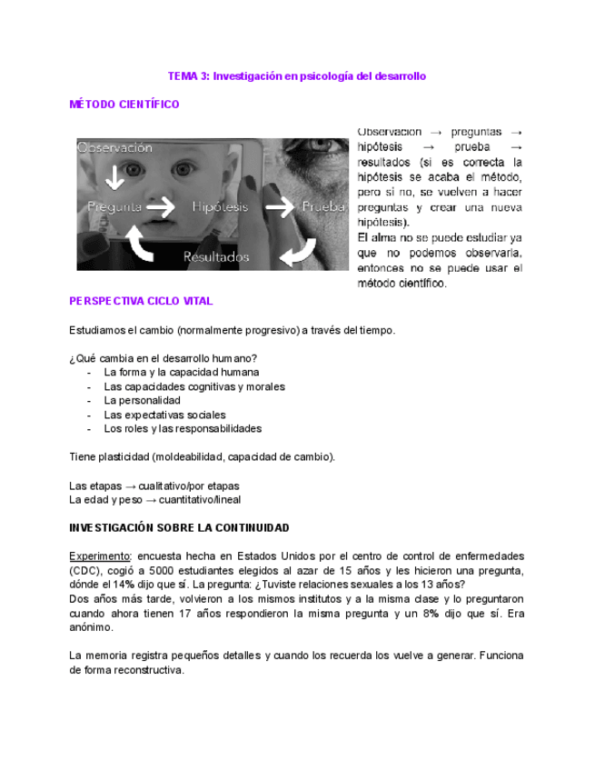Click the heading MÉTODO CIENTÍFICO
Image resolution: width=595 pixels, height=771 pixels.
tap(124, 105)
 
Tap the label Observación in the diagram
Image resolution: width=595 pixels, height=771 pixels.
tap(115, 146)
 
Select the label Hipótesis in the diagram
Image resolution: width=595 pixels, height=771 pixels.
tap(220, 207)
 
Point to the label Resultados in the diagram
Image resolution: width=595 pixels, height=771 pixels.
tap(216, 257)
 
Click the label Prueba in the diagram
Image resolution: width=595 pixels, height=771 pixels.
tap(324, 207)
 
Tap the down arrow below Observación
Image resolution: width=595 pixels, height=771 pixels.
tap(115, 176)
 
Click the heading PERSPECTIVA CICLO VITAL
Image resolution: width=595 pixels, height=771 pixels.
tap(142, 301)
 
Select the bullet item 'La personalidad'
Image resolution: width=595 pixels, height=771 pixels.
tap(142, 400)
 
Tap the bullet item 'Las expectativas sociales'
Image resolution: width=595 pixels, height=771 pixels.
tap(164, 415)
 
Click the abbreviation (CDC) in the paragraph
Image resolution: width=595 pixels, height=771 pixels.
tap(84, 570)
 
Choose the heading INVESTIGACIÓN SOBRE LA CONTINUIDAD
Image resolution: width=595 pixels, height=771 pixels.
tap(179, 527)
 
